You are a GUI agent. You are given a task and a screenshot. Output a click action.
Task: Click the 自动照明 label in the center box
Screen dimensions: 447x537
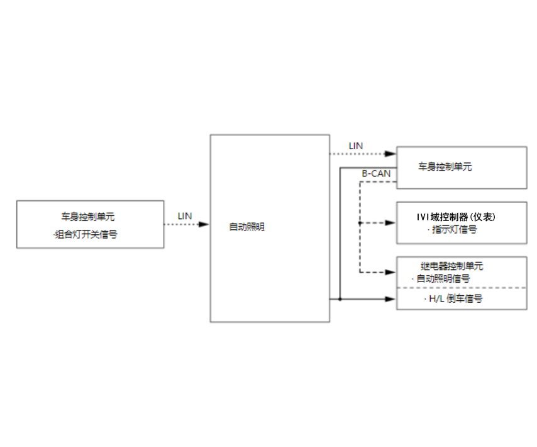246,227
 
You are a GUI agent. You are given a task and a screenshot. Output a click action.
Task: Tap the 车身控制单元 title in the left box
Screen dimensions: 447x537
88,217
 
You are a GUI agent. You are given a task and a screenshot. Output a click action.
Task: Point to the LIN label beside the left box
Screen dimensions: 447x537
184,216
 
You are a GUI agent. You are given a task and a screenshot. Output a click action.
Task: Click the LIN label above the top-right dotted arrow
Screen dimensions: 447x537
356,146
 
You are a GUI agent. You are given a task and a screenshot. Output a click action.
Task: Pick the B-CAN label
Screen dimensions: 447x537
376,173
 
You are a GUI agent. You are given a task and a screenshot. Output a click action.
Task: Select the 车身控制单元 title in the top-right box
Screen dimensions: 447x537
445,167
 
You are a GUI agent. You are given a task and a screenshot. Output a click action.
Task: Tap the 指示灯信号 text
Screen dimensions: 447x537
453,230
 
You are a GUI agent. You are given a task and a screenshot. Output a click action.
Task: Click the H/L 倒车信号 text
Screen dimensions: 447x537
454,299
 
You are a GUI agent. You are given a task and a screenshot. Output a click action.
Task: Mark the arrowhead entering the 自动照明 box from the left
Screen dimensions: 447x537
204,224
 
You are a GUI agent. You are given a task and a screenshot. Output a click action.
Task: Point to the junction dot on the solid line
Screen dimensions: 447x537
340,299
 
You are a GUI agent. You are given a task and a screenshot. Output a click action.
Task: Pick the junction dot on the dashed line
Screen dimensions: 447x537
360,223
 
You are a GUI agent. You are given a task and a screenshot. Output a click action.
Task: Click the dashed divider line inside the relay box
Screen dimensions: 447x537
462,288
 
